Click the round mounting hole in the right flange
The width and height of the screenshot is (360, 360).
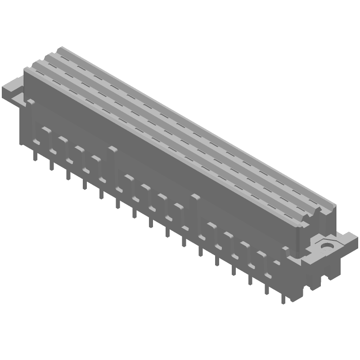325,246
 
